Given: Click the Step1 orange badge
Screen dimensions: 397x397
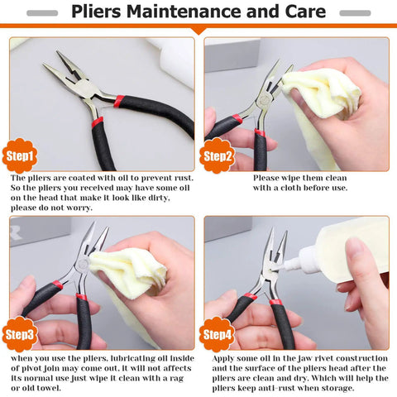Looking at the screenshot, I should [20, 155].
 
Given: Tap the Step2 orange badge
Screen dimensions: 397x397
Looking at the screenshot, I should [216, 155].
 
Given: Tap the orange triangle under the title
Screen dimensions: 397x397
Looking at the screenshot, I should [198, 30].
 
